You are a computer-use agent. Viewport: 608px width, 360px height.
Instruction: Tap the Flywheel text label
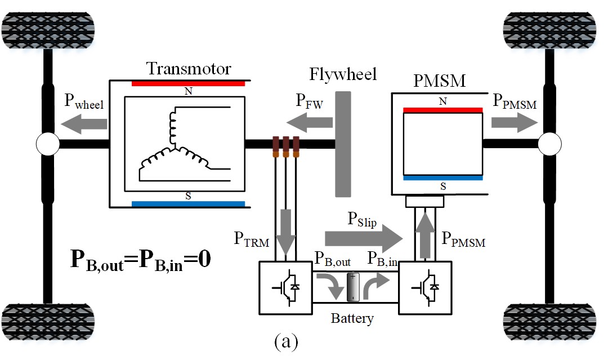343,74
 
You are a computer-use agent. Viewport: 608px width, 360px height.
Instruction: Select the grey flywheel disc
343,144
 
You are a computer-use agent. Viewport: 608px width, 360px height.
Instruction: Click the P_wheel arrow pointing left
84,124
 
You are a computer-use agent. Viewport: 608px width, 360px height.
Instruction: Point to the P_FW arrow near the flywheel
310,123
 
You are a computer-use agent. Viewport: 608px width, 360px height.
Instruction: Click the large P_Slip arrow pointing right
364,238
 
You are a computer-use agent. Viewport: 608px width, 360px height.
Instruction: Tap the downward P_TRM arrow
285,232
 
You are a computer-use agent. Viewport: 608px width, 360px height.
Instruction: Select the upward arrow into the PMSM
425,235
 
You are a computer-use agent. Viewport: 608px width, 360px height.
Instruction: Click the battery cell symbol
353,287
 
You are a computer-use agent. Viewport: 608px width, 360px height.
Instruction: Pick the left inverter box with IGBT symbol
286,287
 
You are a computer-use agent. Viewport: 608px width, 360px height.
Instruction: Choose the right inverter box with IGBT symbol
426,287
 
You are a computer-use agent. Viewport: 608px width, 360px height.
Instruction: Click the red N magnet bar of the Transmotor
189,83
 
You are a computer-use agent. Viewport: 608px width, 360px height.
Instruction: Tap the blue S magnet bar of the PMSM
443,178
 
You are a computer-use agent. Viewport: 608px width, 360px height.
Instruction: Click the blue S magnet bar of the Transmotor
189,204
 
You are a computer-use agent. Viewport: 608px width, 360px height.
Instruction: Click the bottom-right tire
550,322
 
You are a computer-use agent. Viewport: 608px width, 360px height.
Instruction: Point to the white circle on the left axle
48,144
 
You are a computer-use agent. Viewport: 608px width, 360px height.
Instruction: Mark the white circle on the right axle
550,144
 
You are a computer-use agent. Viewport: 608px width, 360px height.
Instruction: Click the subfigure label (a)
286,341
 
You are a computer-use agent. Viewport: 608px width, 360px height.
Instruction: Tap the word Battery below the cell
352,318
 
